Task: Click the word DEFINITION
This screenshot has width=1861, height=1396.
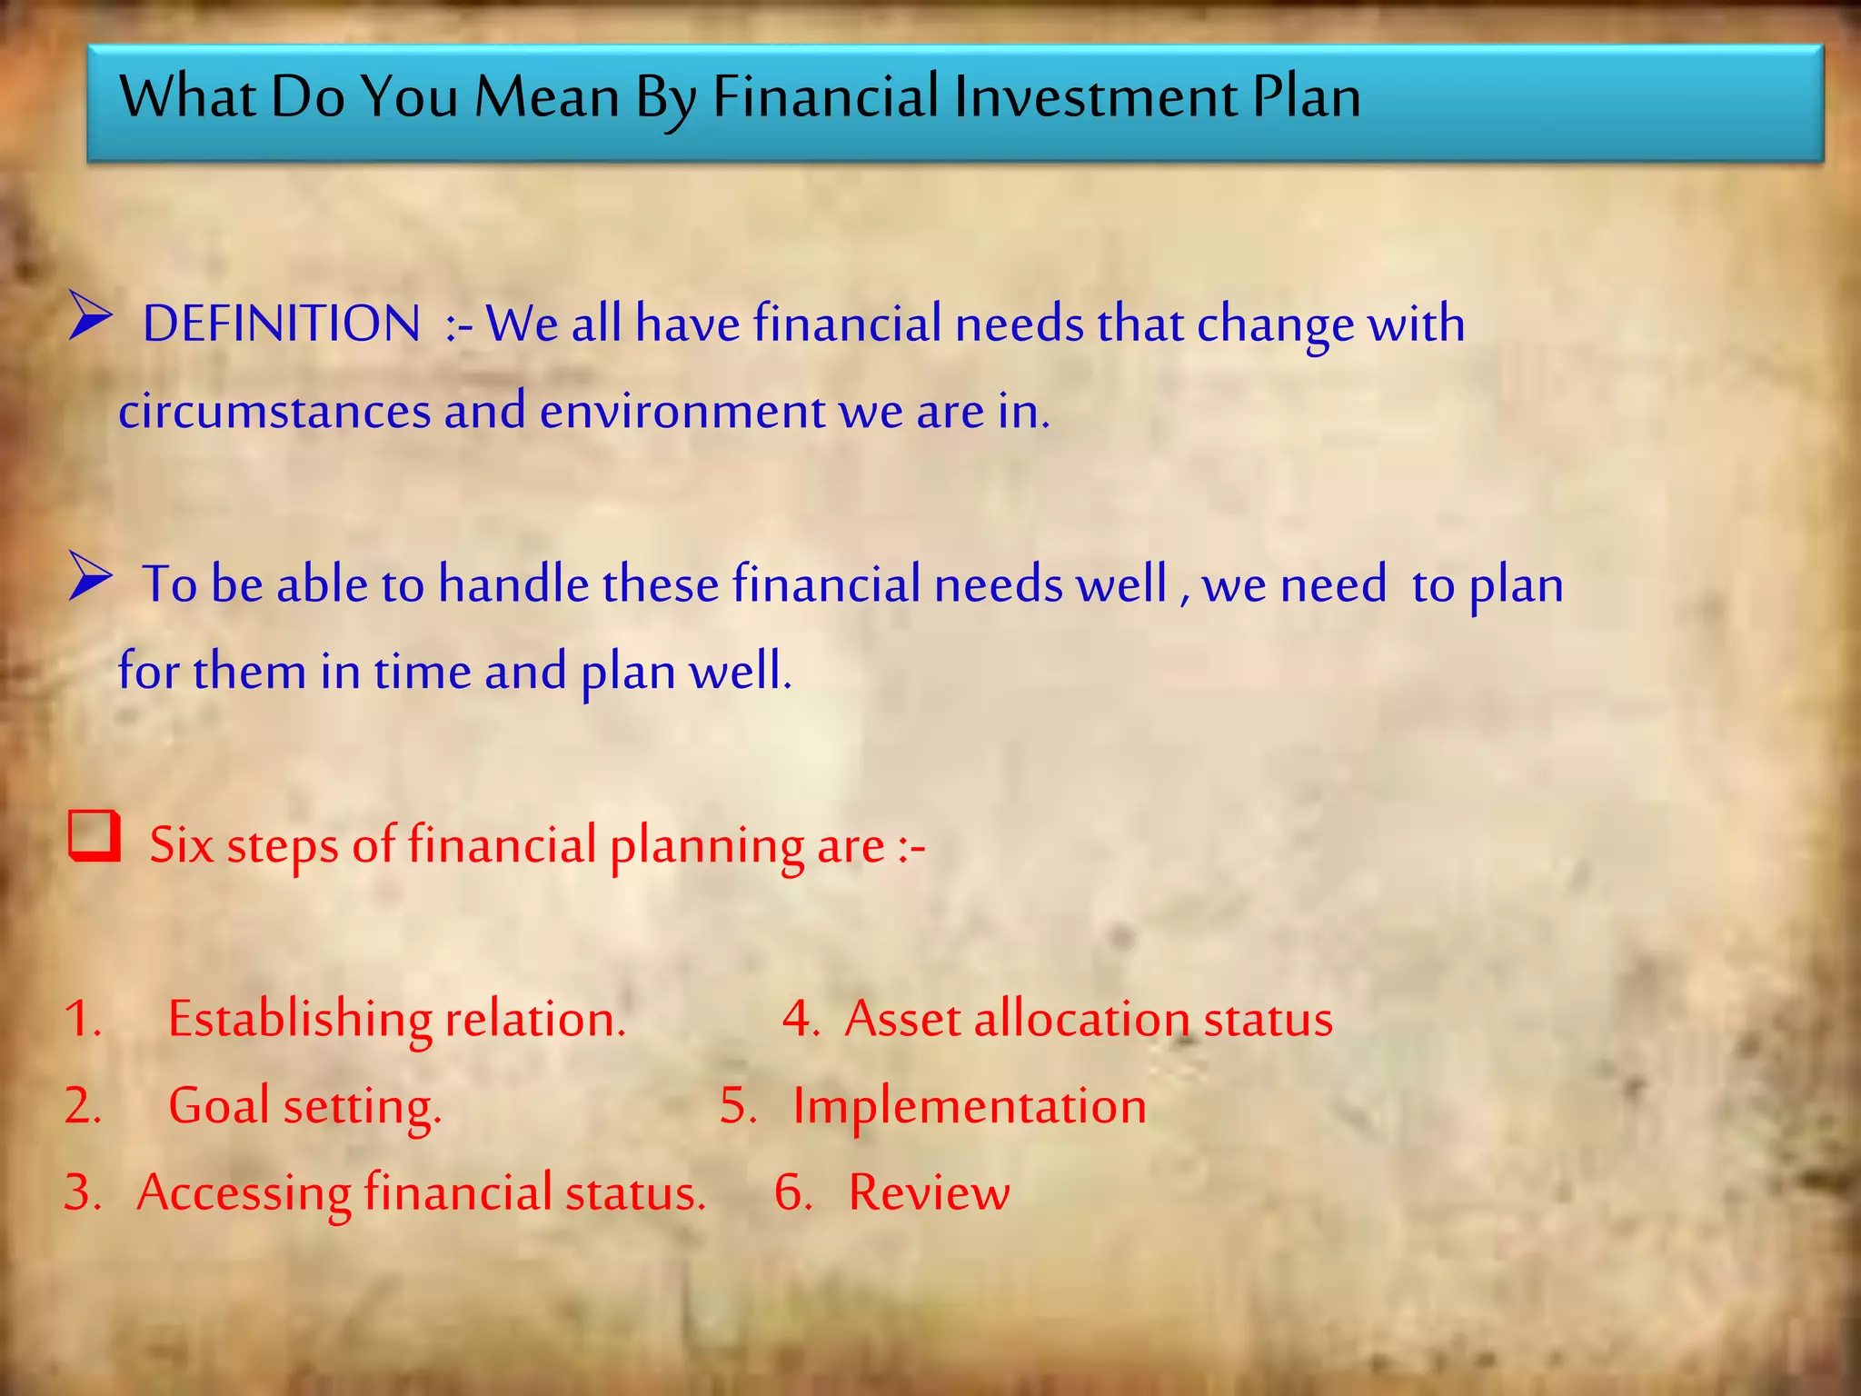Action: click(282, 324)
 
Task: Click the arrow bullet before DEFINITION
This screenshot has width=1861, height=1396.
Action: click(90, 319)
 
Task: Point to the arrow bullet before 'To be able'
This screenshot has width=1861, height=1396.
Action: click(90, 579)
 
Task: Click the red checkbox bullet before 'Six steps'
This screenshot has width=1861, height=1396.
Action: click(94, 836)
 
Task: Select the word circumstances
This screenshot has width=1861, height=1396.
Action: click(274, 412)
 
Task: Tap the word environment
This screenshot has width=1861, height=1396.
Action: click(682, 412)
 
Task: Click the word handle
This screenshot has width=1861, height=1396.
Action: click(513, 583)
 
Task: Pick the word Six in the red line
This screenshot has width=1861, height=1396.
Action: click(181, 845)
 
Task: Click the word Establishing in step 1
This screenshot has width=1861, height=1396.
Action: click(300, 1020)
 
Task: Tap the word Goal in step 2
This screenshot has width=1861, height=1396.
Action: click(219, 1107)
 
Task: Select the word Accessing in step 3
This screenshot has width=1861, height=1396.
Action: click(244, 1193)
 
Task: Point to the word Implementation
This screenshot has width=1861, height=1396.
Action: click(970, 1107)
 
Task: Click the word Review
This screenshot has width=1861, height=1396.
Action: click(929, 1193)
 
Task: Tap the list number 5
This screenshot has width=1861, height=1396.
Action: click(737, 1107)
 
